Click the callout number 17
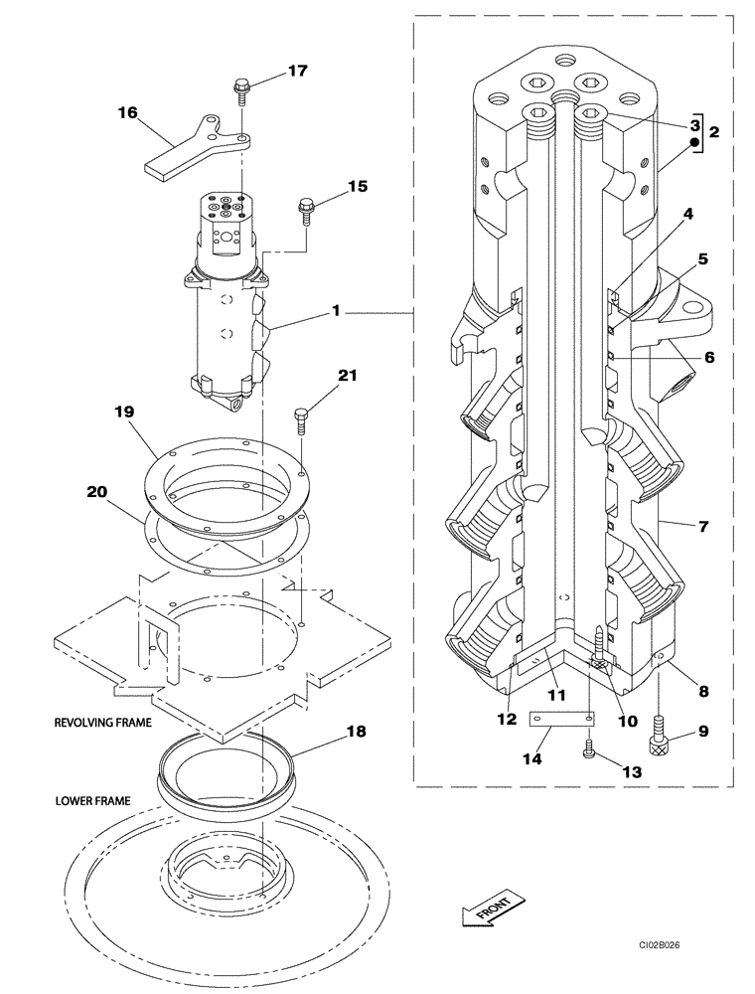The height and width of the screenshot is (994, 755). click(297, 71)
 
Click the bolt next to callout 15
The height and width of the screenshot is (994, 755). click(304, 210)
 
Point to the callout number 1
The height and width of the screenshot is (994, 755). click(336, 311)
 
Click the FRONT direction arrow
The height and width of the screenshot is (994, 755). click(487, 911)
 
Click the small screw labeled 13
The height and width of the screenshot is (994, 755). click(589, 751)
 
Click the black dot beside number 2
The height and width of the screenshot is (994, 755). click(696, 144)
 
